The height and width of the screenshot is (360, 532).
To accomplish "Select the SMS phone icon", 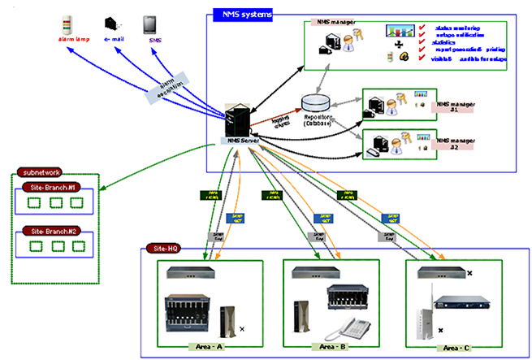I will click(152, 22).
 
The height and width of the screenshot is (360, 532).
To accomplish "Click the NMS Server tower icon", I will click(238, 120).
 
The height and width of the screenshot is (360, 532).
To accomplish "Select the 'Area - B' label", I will click(329, 346).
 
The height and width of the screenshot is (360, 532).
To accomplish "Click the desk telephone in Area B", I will click(352, 327).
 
